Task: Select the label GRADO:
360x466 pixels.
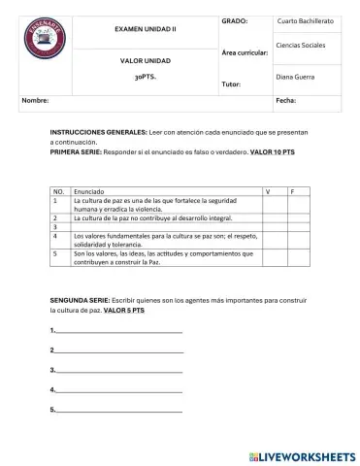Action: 235,19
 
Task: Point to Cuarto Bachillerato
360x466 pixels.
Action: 308,20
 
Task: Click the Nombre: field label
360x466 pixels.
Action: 36,100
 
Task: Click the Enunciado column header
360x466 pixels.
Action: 88,192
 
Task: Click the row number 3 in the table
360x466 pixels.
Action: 56,227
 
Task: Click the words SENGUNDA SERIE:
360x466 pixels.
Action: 81,302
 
